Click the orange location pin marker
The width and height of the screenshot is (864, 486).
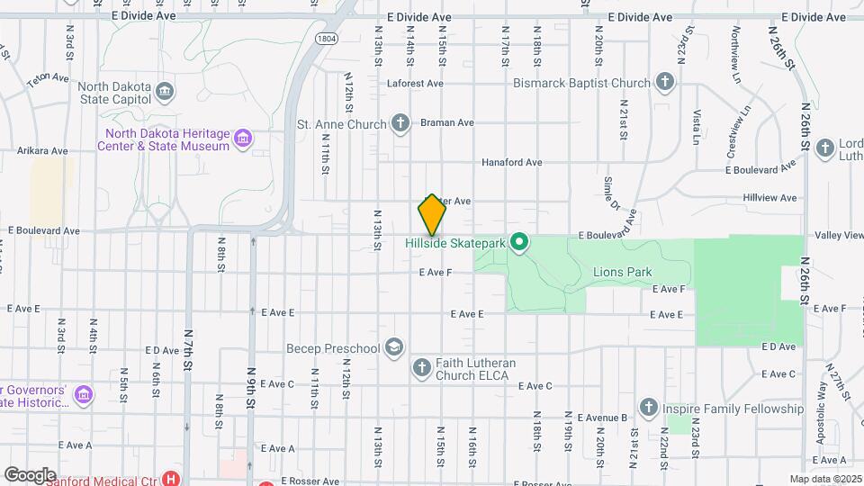(432, 214)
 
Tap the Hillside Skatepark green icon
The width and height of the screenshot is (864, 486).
(518, 242)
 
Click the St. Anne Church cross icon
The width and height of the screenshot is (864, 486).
(400, 122)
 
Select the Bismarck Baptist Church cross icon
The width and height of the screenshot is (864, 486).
(664, 83)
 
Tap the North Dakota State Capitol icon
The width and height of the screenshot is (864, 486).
(165, 91)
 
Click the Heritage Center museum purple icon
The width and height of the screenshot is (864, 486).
(242, 139)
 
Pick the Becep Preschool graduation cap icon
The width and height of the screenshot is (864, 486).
(393, 347)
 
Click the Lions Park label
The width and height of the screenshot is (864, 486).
(622, 272)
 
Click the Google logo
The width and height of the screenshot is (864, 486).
(30, 474)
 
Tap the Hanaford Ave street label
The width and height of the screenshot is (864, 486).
(511, 163)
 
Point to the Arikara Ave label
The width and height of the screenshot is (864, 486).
(42, 151)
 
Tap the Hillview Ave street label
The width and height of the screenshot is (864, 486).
(769, 198)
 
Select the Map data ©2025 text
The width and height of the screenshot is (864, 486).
(824, 479)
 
